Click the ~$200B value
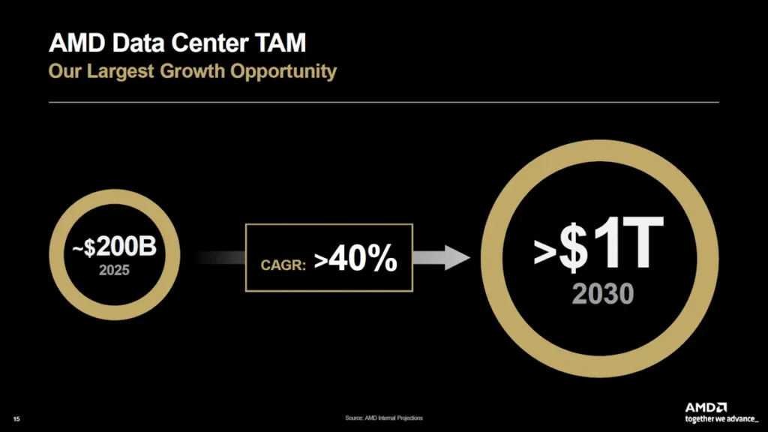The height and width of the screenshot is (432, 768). tap(115, 248)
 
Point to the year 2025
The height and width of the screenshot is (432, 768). tap(115, 269)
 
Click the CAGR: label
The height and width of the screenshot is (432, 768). tap(283, 264)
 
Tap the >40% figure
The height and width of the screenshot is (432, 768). tap(355, 259)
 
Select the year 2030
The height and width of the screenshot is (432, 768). tap(603, 294)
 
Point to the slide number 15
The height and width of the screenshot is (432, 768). tap(16, 418)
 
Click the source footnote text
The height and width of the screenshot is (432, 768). tap(388, 418)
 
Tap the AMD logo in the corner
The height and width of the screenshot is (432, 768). tap(706, 406)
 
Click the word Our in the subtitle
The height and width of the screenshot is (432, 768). tap(63, 72)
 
